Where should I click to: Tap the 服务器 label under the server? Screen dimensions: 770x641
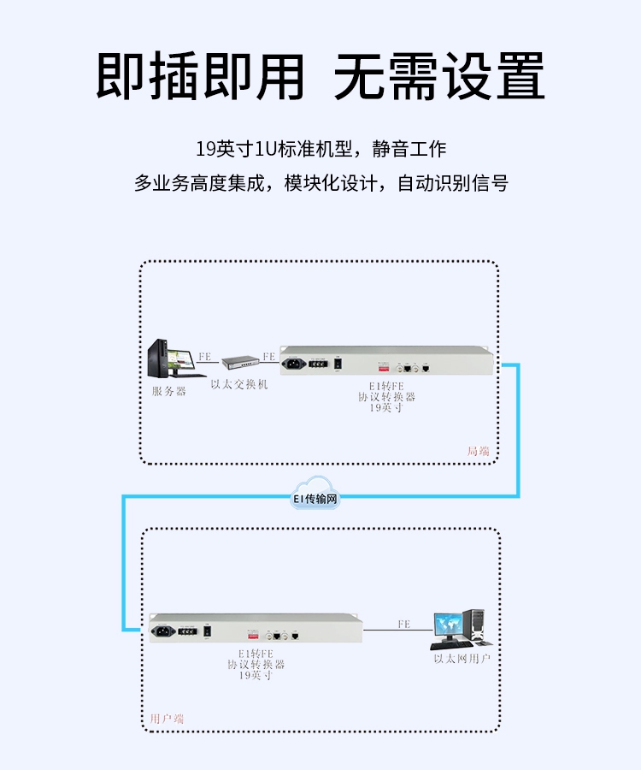pos(168,391)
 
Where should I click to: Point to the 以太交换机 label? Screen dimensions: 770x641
pos(239,384)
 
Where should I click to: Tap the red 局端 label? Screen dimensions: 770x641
pos(479,451)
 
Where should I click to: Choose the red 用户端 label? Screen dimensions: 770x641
pos(167,719)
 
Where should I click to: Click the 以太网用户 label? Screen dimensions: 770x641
pos(462,659)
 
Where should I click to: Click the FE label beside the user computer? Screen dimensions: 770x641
pos(403,625)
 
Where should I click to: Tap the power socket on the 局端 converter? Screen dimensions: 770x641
pos(299,365)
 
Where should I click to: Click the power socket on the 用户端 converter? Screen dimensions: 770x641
pos(168,631)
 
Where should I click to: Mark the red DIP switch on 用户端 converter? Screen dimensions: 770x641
pos(253,637)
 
